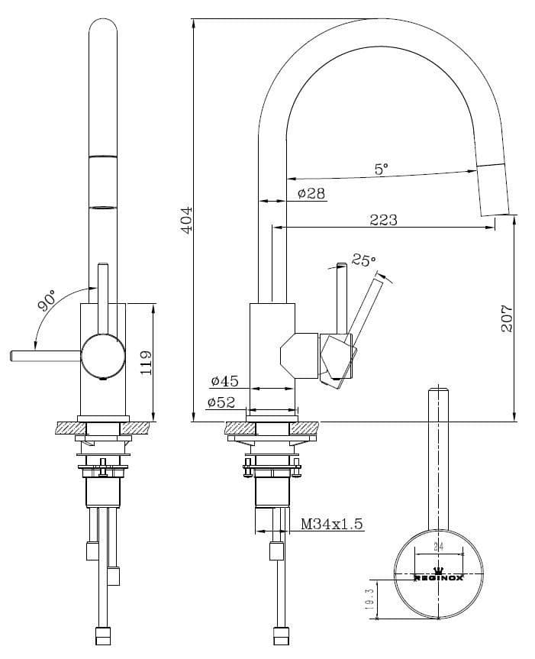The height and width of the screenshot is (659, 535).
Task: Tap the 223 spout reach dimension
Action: [383, 220]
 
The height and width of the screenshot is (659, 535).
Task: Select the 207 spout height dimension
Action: [506, 318]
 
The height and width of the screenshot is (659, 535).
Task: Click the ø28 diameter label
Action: [311, 194]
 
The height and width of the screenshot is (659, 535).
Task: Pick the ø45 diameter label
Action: [224, 380]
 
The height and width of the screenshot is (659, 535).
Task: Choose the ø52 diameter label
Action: [221, 402]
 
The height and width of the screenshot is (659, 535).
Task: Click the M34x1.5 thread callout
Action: [332, 524]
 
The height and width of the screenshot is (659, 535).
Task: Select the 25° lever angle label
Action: [363, 260]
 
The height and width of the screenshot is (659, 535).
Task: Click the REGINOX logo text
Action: [438, 577]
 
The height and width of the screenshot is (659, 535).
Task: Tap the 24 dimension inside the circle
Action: [438, 547]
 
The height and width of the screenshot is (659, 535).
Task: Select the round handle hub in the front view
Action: [103, 355]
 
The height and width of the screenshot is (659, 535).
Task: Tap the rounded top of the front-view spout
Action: [104, 29]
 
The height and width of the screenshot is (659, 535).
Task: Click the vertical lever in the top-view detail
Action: [438, 458]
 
